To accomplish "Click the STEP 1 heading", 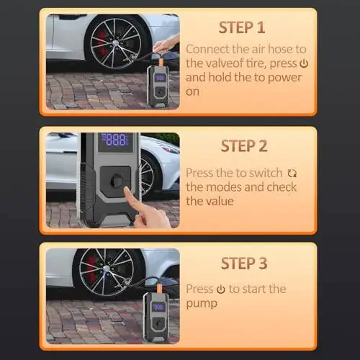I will tap(243, 28).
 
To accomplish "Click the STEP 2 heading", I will tap(243, 146).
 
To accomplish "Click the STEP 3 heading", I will tap(243, 263).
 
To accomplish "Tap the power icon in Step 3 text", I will tap(220, 289).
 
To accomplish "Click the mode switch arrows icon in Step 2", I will tap(292, 174).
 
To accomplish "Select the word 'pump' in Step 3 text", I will tap(202, 303).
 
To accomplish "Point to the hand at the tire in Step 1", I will tap(164, 46).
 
